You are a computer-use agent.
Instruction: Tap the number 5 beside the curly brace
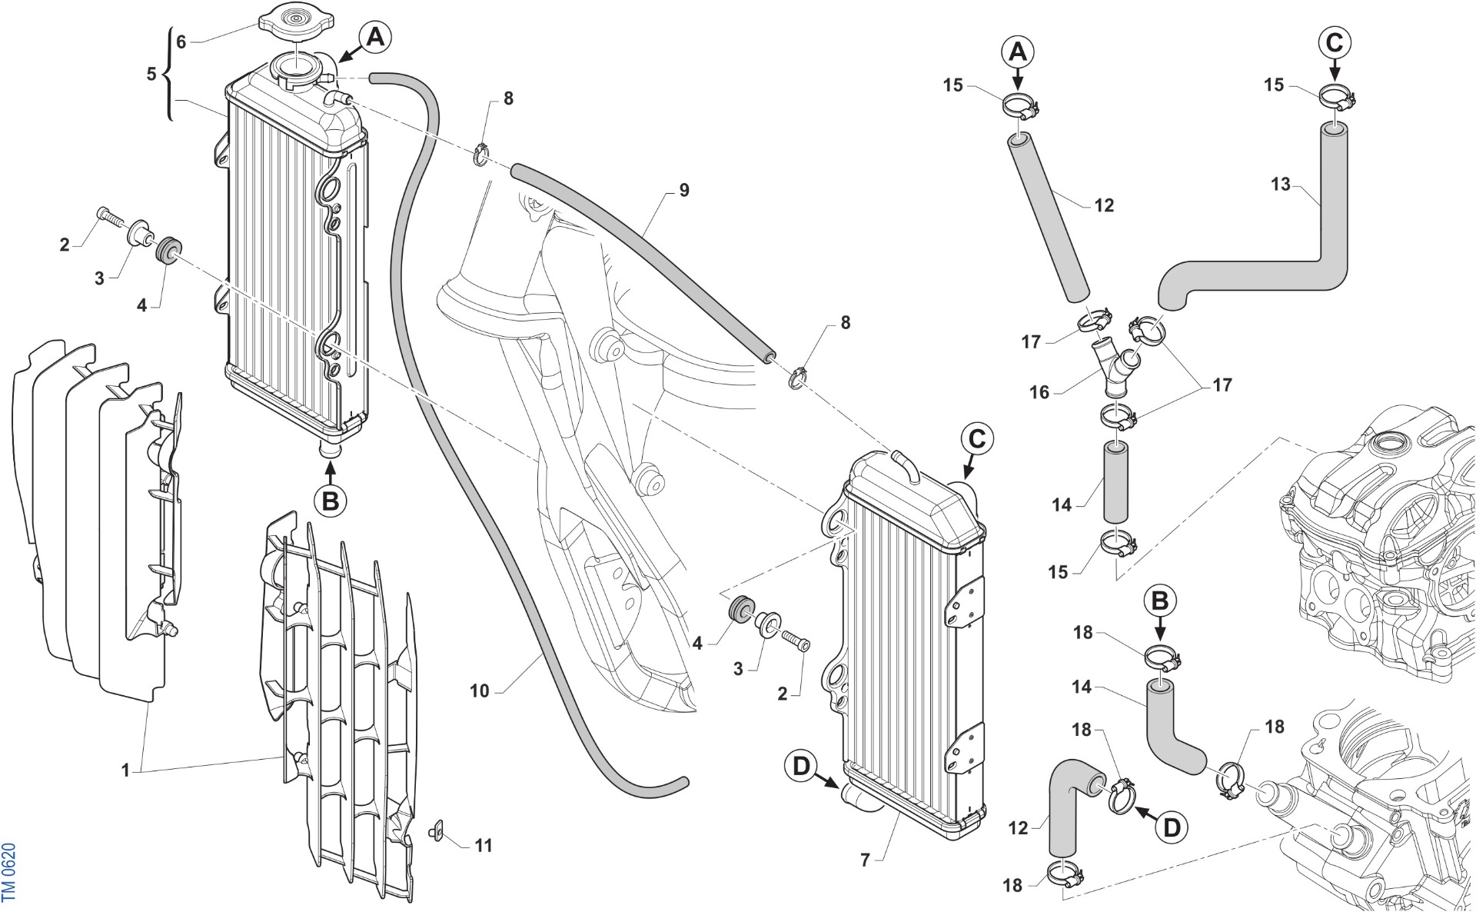(x=151, y=74)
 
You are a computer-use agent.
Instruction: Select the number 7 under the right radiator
(x=865, y=860)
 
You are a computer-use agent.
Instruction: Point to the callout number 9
(x=684, y=190)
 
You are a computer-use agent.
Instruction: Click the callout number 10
(x=479, y=691)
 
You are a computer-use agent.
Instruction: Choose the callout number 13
(x=1281, y=185)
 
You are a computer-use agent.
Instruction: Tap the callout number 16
(x=1039, y=392)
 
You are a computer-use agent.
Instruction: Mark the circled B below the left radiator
(x=331, y=501)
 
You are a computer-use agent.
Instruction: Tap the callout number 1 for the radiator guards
(x=126, y=769)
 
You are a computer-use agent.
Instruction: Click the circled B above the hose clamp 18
(x=1161, y=601)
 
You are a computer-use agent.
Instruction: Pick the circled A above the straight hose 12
(x=1017, y=52)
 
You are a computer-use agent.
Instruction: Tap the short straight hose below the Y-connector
(x=1117, y=481)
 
